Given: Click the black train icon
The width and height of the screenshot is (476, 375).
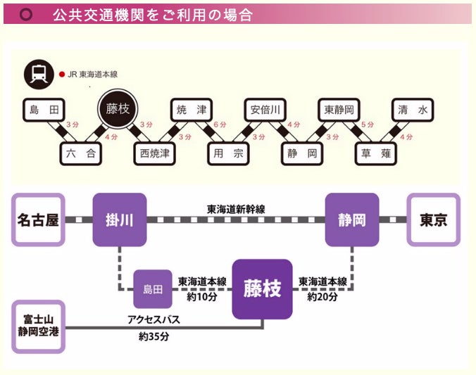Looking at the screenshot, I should coord(38,73).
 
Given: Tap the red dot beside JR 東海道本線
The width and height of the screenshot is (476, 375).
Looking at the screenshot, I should coord(62,73).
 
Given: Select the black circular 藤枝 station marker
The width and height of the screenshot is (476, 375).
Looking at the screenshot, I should coord(118,109).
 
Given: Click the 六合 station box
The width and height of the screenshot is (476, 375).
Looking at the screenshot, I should coord(80,153).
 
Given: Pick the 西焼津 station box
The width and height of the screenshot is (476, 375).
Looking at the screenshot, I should coord(154,153).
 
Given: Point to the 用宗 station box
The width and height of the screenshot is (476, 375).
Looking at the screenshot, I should coord(229,153).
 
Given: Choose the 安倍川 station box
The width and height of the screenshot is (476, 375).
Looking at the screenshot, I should coord(265,110).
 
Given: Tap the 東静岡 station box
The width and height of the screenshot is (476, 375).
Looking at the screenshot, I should coord(339,110).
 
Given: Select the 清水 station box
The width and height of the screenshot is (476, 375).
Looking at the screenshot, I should coord(413,110).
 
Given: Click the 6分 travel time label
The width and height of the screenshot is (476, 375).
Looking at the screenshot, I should coord(220,125).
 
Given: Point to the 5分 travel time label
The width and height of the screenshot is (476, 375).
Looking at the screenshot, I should coord(368,125).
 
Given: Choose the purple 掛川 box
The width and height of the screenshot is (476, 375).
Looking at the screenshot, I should coord(120,220).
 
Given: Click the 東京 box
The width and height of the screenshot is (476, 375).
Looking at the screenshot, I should coord(434,220).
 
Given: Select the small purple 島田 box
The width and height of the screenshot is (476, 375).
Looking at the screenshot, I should coord(153,288).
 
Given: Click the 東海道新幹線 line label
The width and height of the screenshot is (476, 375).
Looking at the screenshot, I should coord(236,209).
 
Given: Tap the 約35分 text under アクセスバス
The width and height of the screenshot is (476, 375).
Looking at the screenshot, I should coord(154,337).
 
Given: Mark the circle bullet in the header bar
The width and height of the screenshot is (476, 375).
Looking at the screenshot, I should coord(27,14).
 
